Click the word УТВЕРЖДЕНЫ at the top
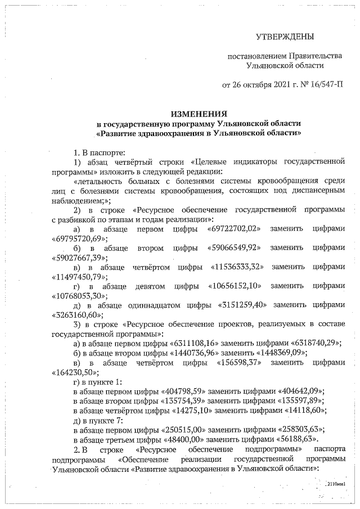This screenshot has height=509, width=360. (x=285, y=37)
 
